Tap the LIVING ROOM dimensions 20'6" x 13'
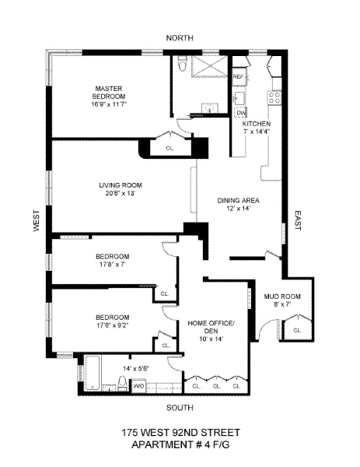[x=117, y=193]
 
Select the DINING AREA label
[x=237, y=201]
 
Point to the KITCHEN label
[x=256, y=124]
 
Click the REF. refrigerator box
[x=239, y=78]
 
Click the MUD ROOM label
[x=277, y=297]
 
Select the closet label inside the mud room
[x=296, y=330]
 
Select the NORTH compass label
[x=179, y=38]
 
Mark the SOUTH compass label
[x=180, y=406]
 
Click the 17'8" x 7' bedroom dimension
[x=113, y=265]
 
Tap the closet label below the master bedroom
[x=170, y=147]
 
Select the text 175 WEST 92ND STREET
[x=180, y=433]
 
